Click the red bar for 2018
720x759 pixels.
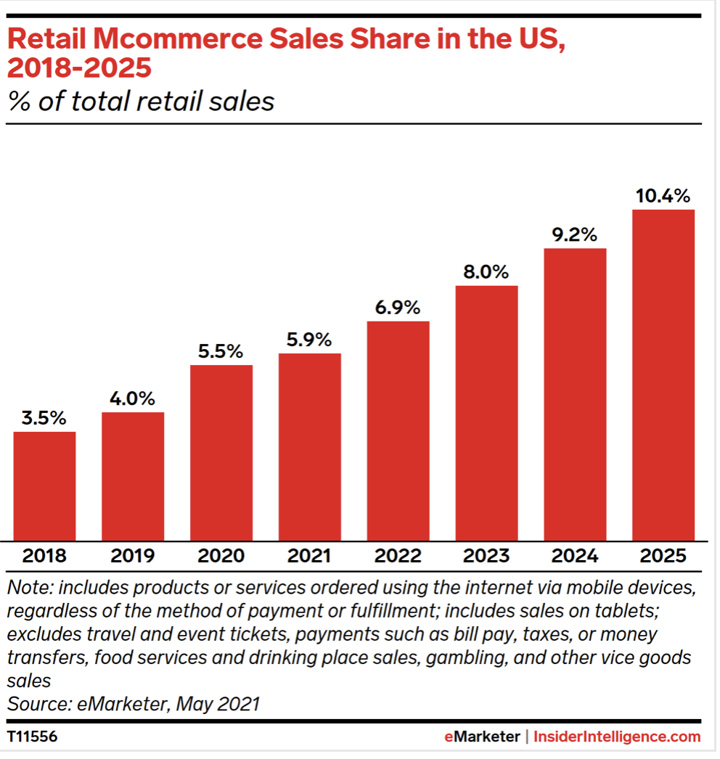(x=44, y=485)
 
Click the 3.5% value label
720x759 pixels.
(x=44, y=418)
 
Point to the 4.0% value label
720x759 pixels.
(x=133, y=398)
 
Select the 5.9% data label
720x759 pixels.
(x=310, y=340)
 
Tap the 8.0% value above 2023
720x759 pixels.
(x=487, y=272)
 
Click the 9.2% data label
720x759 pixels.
(x=575, y=234)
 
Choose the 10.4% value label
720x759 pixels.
(x=663, y=196)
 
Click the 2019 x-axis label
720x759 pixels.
(x=133, y=557)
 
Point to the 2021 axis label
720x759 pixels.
(x=310, y=557)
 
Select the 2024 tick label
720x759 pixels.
(x=575, y=557)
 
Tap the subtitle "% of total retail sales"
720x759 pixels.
(x=142, y=101)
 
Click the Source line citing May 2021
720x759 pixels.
(x=134, y=704)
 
